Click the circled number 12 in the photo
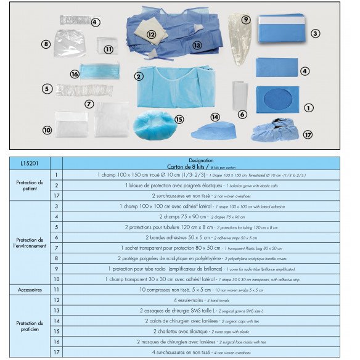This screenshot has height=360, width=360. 151,35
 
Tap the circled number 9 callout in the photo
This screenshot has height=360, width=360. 245,20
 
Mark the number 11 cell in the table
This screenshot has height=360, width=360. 56,288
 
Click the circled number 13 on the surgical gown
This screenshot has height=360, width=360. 197,45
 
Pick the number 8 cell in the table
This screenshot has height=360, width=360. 56,258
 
